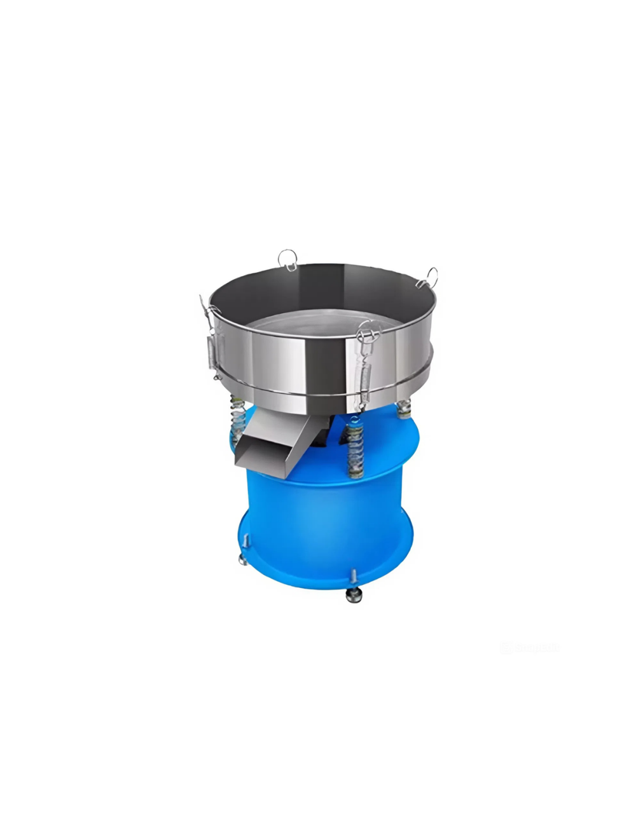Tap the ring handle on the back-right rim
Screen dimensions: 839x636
[x=432, y=276]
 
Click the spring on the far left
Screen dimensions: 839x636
[x=237, y=419]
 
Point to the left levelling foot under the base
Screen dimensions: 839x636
[x=243, y=559]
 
